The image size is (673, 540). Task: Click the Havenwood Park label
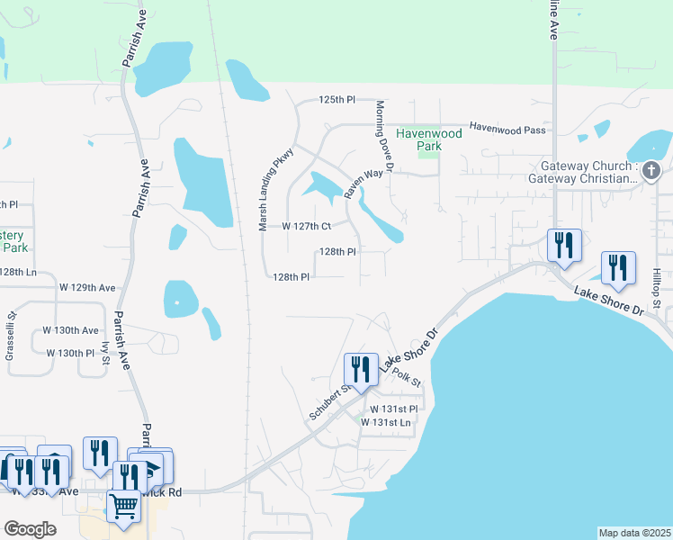point(429,139)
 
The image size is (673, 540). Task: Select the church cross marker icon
point(651,169)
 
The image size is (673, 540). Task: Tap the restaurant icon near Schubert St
point(360,369)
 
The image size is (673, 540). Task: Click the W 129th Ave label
point(87,288)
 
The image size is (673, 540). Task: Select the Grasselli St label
point(12,336)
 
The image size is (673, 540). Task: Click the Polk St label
point(407,377)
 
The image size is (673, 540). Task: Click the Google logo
point(30,529)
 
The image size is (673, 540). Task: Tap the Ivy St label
point(106,352)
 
